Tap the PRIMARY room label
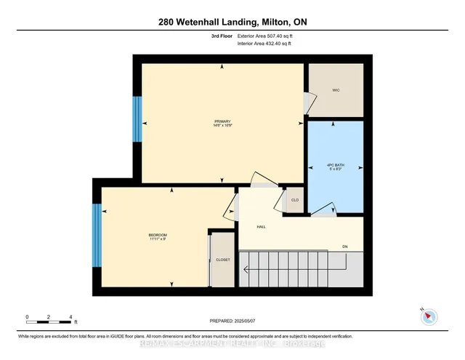pos(222,121)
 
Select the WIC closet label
pos(336,90)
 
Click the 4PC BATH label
pos(335,165)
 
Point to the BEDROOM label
pos(158,234)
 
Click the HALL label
pos(262,227)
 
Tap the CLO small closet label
pos(295,200)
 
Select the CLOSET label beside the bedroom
pos(224,259)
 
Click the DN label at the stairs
pos(346,246)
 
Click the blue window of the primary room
pos(136,120)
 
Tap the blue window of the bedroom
pos(95,236)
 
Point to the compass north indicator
pos(429,315)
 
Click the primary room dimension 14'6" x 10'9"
pos(222,126)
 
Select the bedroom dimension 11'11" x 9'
pos(158,239)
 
